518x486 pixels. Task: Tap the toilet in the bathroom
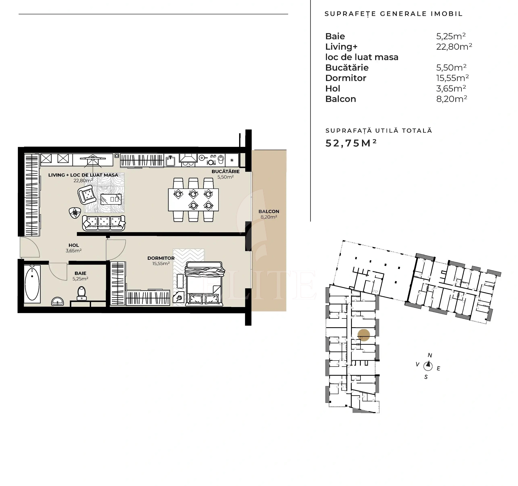(x=82, y=293)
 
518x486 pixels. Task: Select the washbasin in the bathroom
(x=57, y=301)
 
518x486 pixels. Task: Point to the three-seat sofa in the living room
(x=104, y=223)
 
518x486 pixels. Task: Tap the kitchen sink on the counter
(x=170, y=161)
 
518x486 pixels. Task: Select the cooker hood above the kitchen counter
(x=188, y=158)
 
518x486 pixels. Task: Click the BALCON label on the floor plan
(x=269, y=211)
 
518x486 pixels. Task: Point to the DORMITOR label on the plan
(x=161, y=258)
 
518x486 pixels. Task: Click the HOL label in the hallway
(x=74, y=245)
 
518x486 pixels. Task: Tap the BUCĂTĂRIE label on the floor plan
(x=226, y=171)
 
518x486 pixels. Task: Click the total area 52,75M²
(x=351, y=143)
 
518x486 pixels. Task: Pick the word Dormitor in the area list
(x=346, y=78)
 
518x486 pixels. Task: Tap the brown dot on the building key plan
(x=363, y=335)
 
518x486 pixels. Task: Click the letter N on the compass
(x=430, y=355)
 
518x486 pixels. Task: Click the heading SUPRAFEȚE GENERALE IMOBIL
(x=393, y=14)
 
